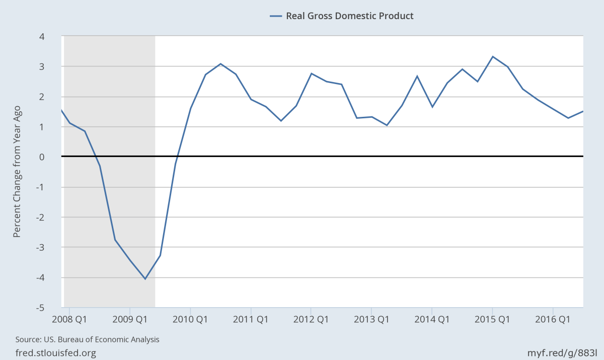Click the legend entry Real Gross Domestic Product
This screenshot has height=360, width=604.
tap(349, 16)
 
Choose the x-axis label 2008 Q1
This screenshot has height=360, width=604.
tap(69, 319)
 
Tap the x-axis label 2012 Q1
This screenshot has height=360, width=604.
tap(311, 319)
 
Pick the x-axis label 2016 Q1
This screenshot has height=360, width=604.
tap(552, 319)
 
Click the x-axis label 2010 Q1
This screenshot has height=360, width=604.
tap(190, 319)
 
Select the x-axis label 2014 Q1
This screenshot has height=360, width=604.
tap(431, 319)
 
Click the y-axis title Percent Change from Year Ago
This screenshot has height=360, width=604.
tap(17, 171)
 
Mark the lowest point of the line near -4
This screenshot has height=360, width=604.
tap(145, 278)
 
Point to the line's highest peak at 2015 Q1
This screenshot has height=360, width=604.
tap(492, 56)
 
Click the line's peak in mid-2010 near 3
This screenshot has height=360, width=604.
tap(220, 63)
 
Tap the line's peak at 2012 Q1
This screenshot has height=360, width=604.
tap(311, 74)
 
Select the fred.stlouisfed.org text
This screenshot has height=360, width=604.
tap(56, 353)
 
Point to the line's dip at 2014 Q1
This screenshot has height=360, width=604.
tap(432, 107)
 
